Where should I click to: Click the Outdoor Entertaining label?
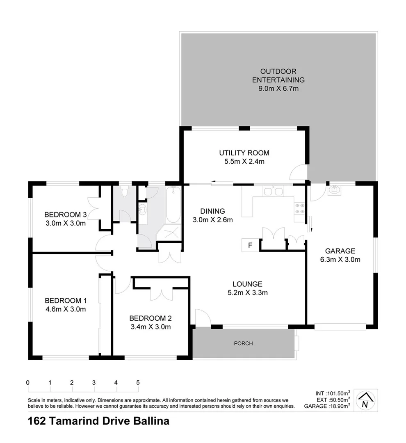278,75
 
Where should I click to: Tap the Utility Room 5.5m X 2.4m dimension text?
244,161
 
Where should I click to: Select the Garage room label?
340,251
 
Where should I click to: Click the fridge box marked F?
250,245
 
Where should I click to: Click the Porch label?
244,343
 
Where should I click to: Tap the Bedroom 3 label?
65,215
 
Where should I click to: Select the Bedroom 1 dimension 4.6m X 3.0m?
66,309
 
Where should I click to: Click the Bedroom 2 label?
150,318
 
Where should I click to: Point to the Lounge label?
247,284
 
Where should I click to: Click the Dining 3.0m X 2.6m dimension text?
212,219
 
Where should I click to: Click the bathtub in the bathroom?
173,204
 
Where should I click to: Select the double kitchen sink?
273,191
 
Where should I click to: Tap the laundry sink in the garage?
335,190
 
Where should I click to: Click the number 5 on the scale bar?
138,382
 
